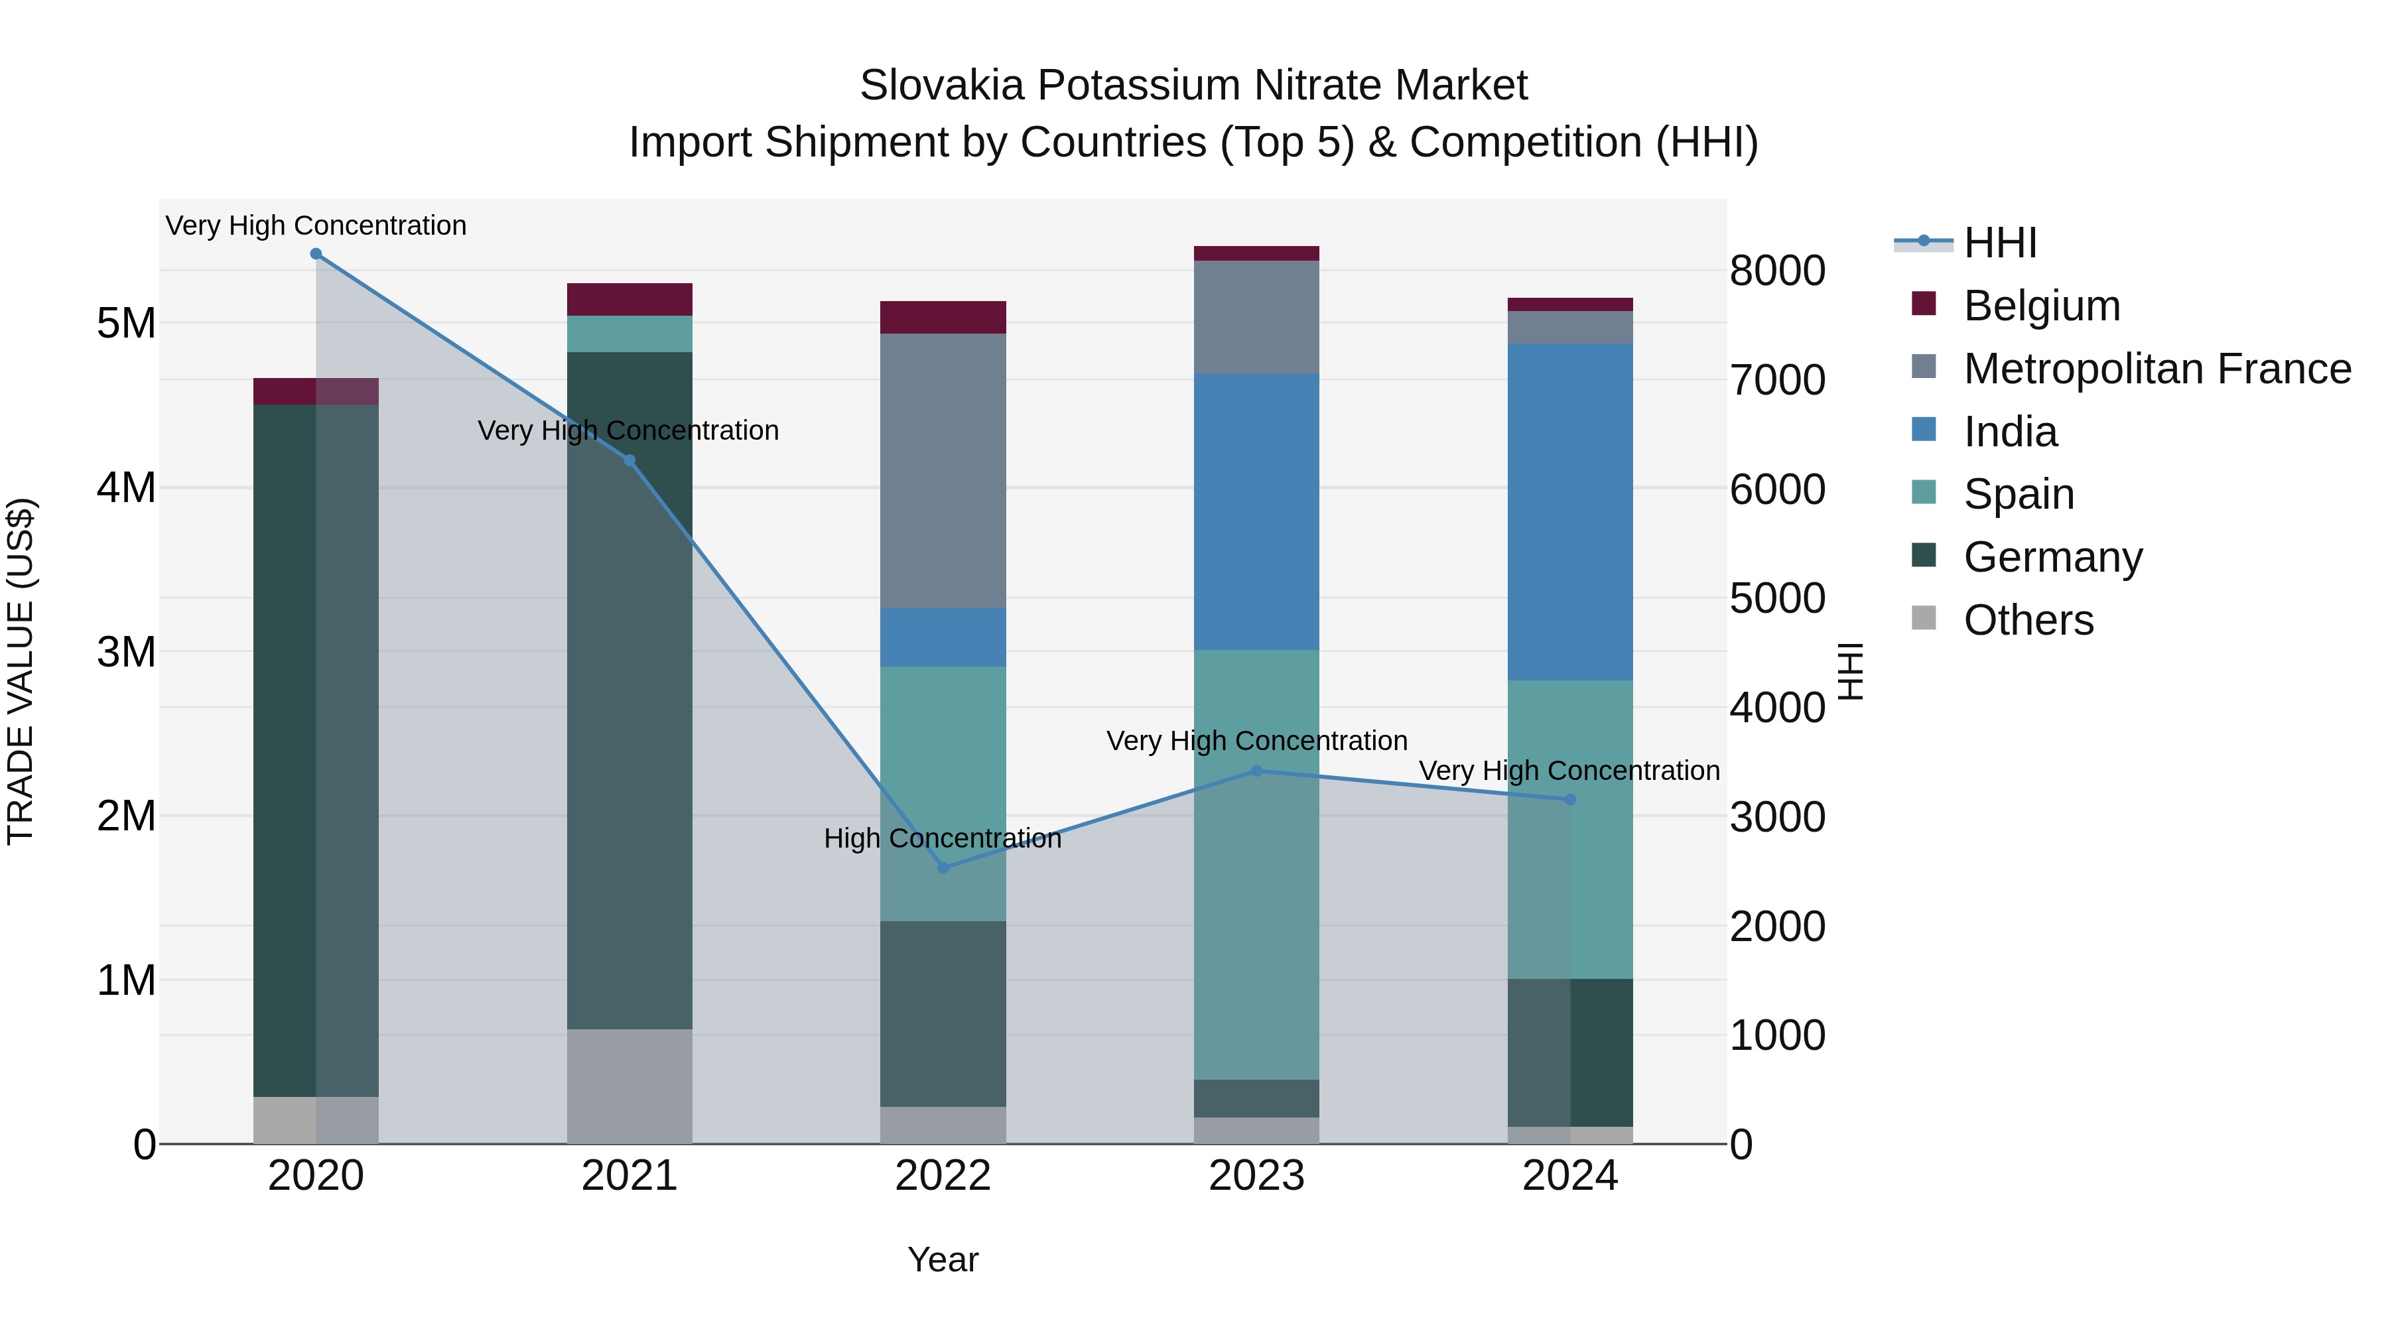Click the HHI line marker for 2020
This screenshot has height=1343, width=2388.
[316, 254]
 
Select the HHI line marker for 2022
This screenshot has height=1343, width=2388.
[943, 867]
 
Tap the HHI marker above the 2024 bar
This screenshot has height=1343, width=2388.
[1569, 799]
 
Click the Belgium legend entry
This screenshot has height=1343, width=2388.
[2040, 306]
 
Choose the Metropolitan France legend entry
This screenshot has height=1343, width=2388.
[2156, 369]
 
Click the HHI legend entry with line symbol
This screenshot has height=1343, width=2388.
[1999, 243]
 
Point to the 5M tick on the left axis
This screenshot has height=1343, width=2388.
[126, 324]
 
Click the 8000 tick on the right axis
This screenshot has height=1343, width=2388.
[1777, 271]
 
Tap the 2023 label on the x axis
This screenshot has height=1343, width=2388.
[1256, 1176]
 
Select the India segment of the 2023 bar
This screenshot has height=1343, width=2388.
[1256, 511]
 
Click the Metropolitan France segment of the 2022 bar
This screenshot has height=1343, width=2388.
[943, 470]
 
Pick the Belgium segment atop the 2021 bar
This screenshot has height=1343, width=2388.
[630, 299]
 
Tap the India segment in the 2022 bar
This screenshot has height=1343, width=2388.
[943, 637]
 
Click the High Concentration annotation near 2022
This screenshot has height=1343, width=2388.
[942, 839]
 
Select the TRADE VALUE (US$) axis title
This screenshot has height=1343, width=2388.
[21, 671]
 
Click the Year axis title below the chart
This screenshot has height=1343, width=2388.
[943, 1259]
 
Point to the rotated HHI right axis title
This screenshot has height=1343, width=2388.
[1850, 671]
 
